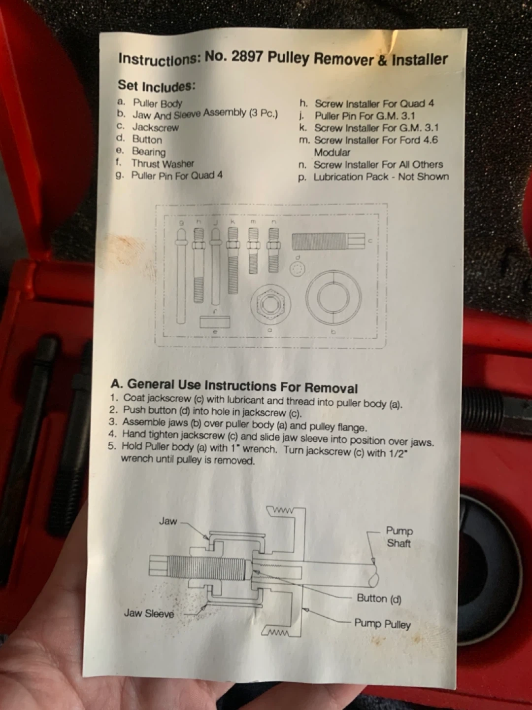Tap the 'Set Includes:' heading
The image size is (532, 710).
click(x=157, y=86)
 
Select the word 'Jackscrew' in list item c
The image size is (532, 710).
click(x=155, y=127)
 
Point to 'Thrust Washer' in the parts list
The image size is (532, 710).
click(x=163, y=163)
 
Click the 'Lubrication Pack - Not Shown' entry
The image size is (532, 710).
click(x=381, y=177)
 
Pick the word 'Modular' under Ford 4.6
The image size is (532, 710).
click(x=332, y=152)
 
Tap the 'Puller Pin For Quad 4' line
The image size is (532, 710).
click(x=177, y=176)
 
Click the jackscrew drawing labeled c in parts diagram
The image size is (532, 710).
click(x=328, y=241)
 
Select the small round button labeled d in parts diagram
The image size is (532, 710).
click(x=298, y=269)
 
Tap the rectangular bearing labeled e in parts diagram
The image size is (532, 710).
click(x=215, y=322)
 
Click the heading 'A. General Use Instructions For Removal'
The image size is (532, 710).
click(x=234, y=386)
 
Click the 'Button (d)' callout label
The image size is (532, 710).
click(x=379, y=599)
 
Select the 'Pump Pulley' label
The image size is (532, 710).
click(x=382, y=623)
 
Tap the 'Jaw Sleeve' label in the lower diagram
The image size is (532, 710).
click(x=149, y=613)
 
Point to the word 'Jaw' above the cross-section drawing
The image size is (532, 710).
click(x=168, y=521)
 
